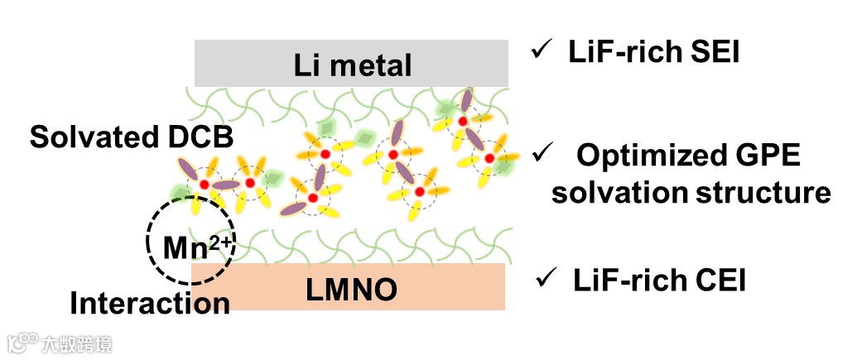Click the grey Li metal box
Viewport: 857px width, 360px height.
(x=352, y=63)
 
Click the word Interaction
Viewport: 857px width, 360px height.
(x=150, y=303)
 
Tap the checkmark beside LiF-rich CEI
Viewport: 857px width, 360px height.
(x=547, y=280)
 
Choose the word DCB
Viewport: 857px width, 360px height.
(x=207, y=137)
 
